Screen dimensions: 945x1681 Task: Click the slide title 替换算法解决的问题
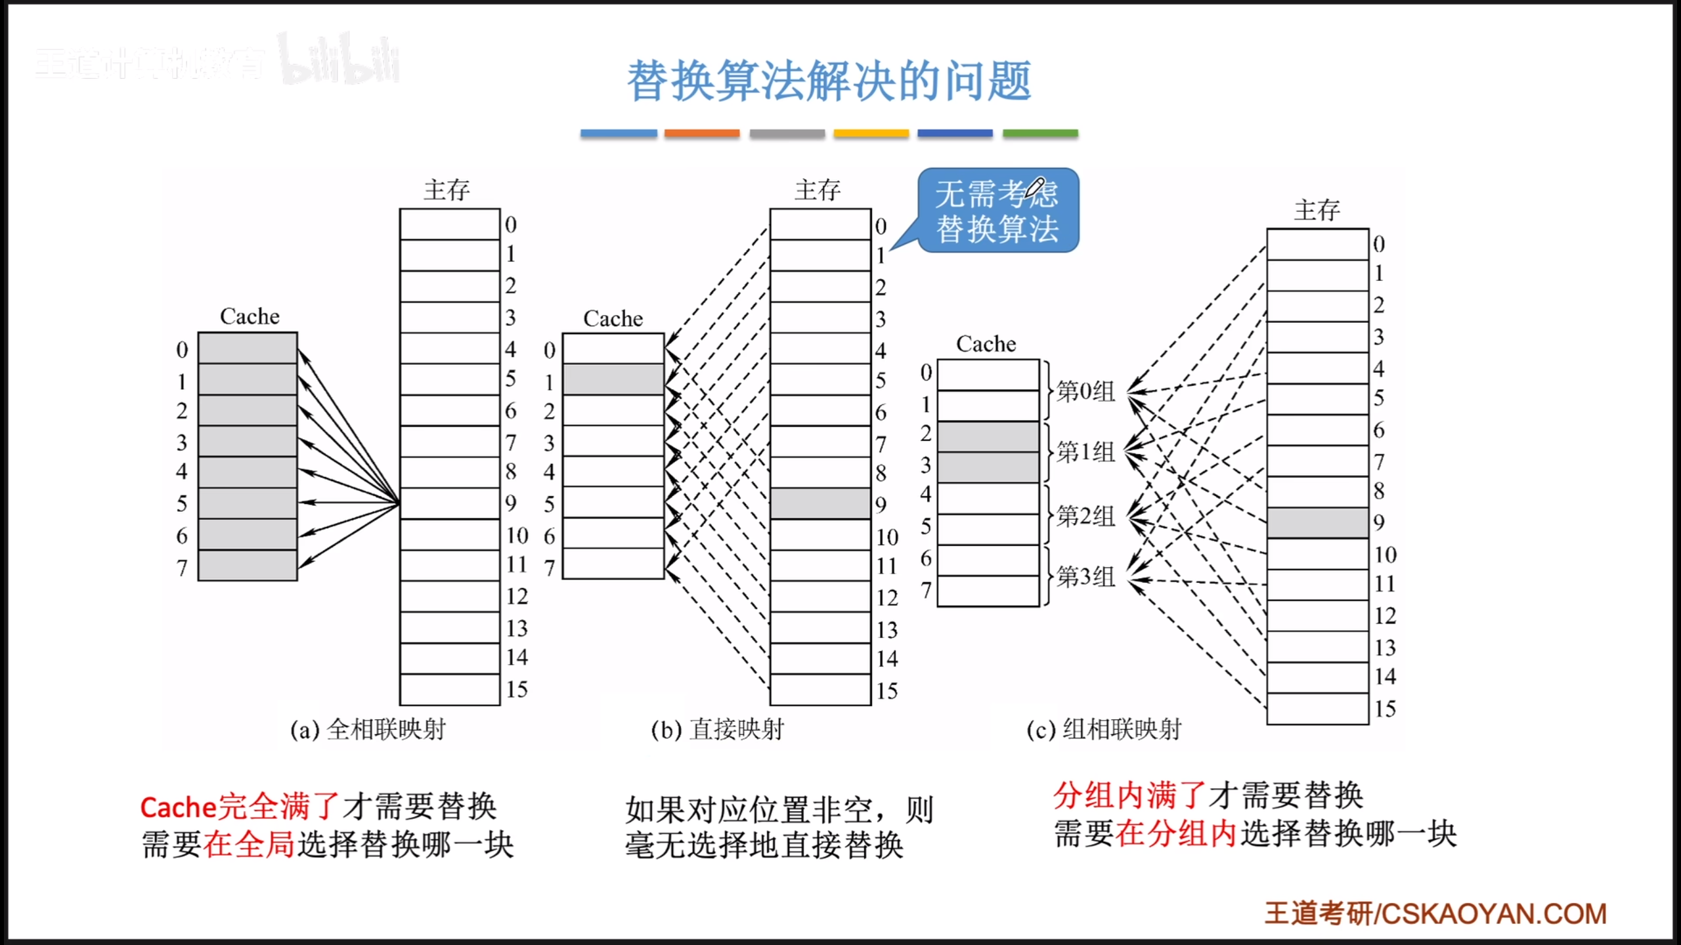829,81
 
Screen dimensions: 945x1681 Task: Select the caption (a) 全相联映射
368,729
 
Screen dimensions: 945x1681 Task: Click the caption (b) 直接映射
717,729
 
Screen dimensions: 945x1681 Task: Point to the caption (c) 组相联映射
1104,729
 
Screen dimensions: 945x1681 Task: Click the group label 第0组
1085,391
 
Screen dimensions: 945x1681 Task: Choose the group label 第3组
1085,577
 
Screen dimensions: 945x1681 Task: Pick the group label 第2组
1085,516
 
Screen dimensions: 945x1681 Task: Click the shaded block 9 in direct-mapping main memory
820,503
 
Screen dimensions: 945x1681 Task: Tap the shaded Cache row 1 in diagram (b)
613,380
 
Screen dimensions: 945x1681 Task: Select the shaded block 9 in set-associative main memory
1317,522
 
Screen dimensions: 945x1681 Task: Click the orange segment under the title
701,133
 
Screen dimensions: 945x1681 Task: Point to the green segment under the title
1040,133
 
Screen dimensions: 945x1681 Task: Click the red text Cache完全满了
240,807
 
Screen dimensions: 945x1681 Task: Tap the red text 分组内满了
1129,795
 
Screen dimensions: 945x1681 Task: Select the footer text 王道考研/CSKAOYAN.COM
1435,913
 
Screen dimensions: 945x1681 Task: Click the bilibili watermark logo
339,60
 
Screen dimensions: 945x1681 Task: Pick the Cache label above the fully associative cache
250,316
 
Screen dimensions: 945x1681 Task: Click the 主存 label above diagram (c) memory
1317,210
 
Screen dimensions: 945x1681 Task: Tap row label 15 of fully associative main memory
517,689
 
